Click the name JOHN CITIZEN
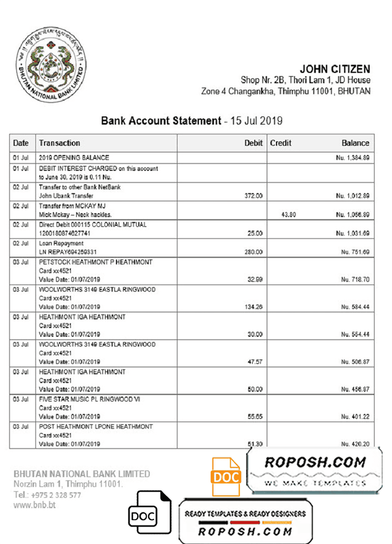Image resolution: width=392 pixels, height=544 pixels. coord(335,69)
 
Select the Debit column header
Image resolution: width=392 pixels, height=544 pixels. coord(253,143)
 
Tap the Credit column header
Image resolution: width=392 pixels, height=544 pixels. coord(280,143)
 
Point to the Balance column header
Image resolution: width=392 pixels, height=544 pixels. coord(355,143)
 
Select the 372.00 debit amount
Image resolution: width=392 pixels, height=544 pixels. coord(254,196)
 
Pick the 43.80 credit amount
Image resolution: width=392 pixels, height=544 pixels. coord(289,215)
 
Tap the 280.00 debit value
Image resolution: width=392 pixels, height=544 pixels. coord(254,252)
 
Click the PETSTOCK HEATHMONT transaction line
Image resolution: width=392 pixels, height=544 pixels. coord(96,262)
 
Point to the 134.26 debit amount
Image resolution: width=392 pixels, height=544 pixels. coord(254,307)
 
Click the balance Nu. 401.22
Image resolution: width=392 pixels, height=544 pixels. coord(356,417)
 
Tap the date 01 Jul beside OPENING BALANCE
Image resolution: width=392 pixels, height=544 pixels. coord(21,158)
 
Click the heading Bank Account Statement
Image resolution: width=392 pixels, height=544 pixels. coord(161,121)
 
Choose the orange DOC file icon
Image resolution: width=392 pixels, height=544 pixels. coord(226,477)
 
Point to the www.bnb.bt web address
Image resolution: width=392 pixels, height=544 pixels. coord(34,505)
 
